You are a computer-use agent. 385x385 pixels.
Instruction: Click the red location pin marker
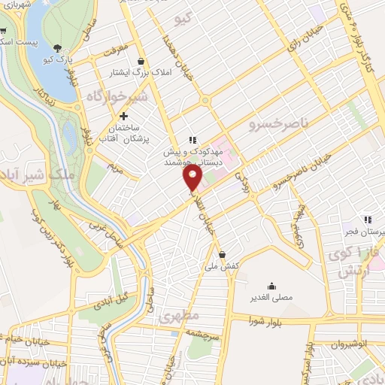point(193,177)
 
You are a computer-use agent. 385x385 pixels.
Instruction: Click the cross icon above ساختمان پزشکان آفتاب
point(124,116)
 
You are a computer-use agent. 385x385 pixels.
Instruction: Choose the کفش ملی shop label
point(221,266)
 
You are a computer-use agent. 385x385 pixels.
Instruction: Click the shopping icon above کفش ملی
point(221,254)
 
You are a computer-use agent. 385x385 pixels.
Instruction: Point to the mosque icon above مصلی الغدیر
point(271,286)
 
